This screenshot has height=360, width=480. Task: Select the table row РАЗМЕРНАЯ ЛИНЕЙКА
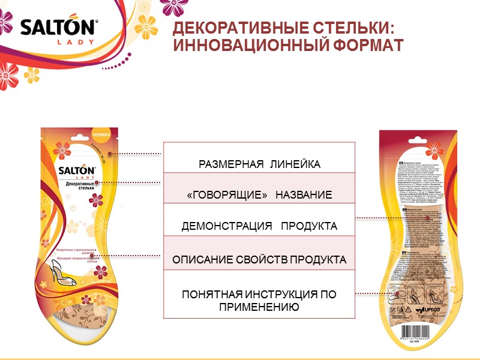(x=260, y=164)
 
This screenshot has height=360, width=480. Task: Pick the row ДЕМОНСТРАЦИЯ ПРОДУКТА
(x=260, y=226)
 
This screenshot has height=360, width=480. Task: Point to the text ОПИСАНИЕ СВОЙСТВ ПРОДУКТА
(x=260, y=260)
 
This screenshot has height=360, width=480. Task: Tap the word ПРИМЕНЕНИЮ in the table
(x=260, y=307)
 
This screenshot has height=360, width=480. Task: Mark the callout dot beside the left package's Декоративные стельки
(x=97, y=181)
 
